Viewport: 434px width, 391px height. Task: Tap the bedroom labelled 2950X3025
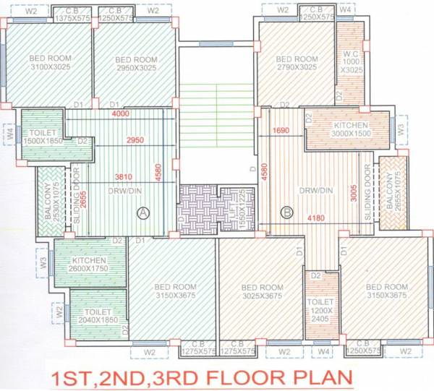tap(137, 64)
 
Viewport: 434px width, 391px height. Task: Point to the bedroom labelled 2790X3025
tap(297, 64)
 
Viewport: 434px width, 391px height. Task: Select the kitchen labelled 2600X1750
tap(89, 265)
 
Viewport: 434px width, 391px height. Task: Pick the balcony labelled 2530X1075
tap(50, 199)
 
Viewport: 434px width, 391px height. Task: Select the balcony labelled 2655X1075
tap(392, 192)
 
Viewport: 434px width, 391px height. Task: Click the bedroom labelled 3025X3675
tap(260, 292)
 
